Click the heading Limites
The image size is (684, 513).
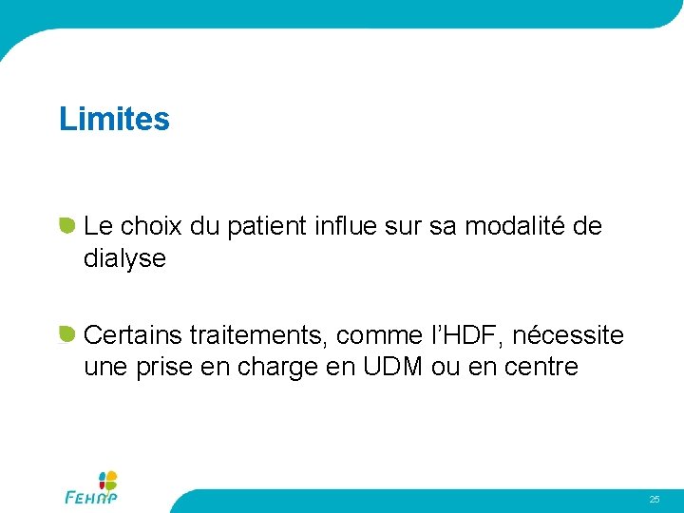click(114, 120)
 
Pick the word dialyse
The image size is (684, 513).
click(124, 258)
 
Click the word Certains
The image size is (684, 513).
click(133, 335)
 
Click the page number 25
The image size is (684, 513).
click(655, 499)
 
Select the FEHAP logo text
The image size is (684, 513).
click(90, 497)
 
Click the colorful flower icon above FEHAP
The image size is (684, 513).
click(108, 480)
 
